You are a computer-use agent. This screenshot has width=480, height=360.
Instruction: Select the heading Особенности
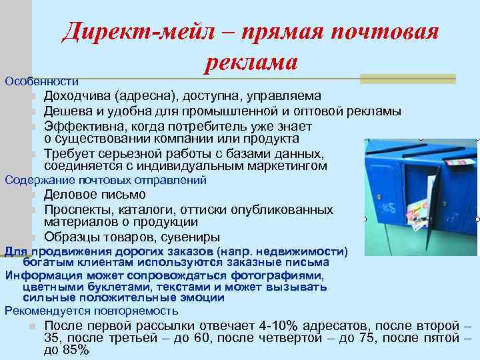tap(41, 81)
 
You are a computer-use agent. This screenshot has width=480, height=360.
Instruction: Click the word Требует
tap(69, 153)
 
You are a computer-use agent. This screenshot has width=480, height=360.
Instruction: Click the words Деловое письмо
tap(95, 195)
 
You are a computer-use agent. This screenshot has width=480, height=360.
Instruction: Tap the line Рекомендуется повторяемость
tap(91, 311)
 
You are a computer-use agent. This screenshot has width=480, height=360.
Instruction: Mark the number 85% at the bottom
tap(75, 350)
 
